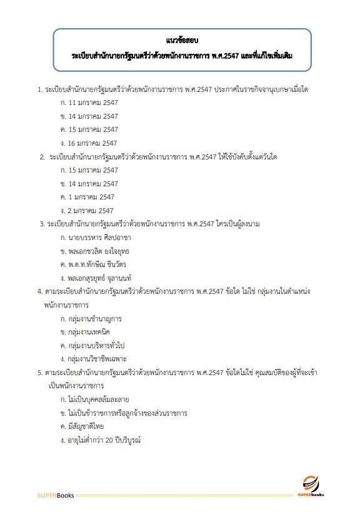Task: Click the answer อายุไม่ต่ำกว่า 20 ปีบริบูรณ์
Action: (106, 441)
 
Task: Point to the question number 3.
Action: (41, 224)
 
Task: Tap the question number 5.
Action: (40, 373)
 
